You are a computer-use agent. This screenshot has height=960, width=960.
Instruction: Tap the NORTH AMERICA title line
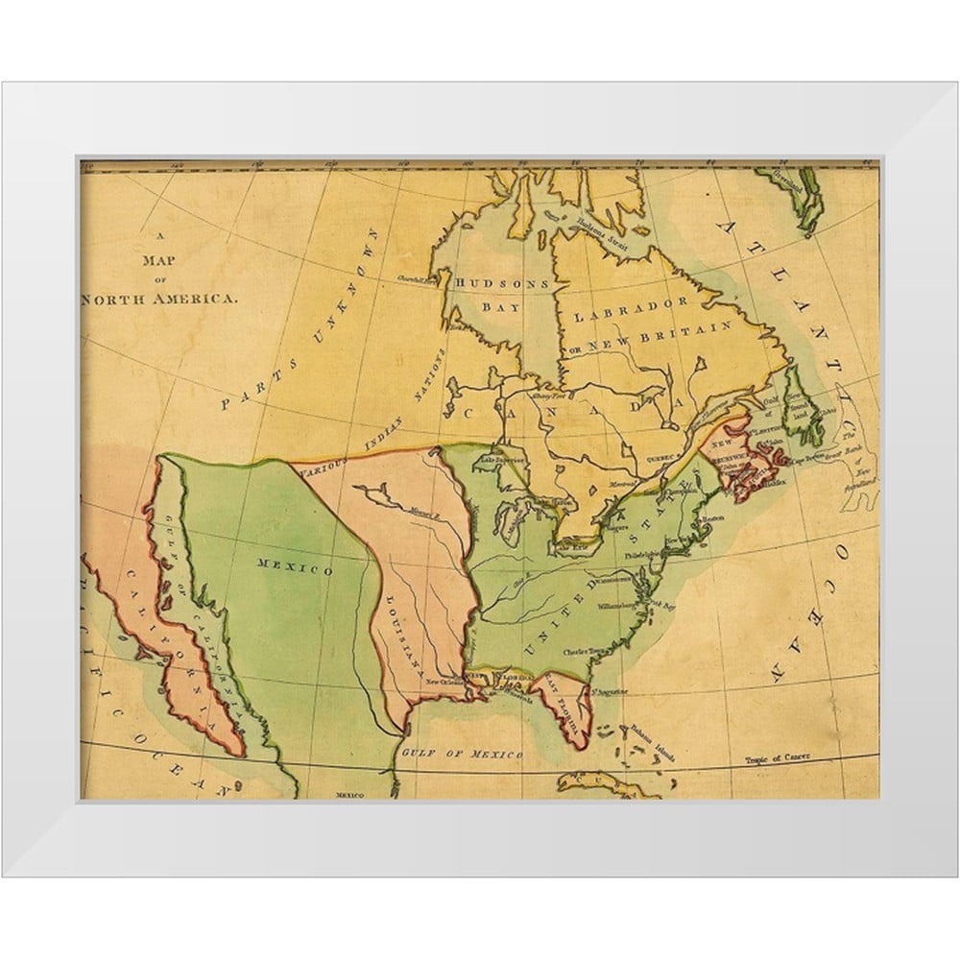[x=158, y=299]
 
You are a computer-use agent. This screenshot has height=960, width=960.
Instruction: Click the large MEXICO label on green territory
[x=295, y=567]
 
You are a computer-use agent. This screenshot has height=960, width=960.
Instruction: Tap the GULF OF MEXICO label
[x=462, y=752]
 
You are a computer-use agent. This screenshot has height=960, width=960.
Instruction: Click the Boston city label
[x=711, y=518]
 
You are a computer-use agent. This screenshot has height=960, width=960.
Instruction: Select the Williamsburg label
[x=601, y=607]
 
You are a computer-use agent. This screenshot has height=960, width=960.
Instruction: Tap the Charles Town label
[x=587, y=649]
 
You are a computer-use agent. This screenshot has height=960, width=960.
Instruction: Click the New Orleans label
[x=444, y=682]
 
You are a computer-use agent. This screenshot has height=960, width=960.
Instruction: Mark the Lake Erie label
[x=573, y=547]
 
